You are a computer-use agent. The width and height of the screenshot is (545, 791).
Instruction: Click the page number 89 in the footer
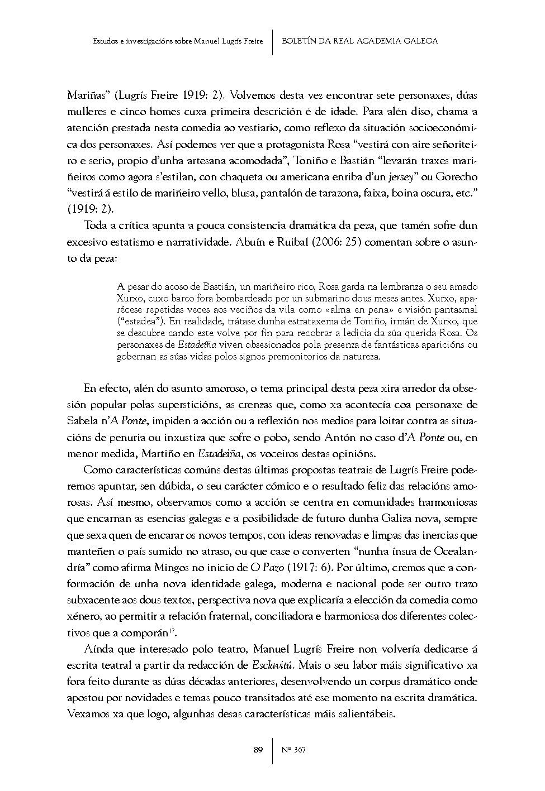[258, 750]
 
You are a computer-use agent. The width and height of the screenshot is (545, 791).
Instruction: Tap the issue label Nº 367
[293, 750]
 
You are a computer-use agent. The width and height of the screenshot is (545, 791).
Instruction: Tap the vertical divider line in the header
[272, 41]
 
